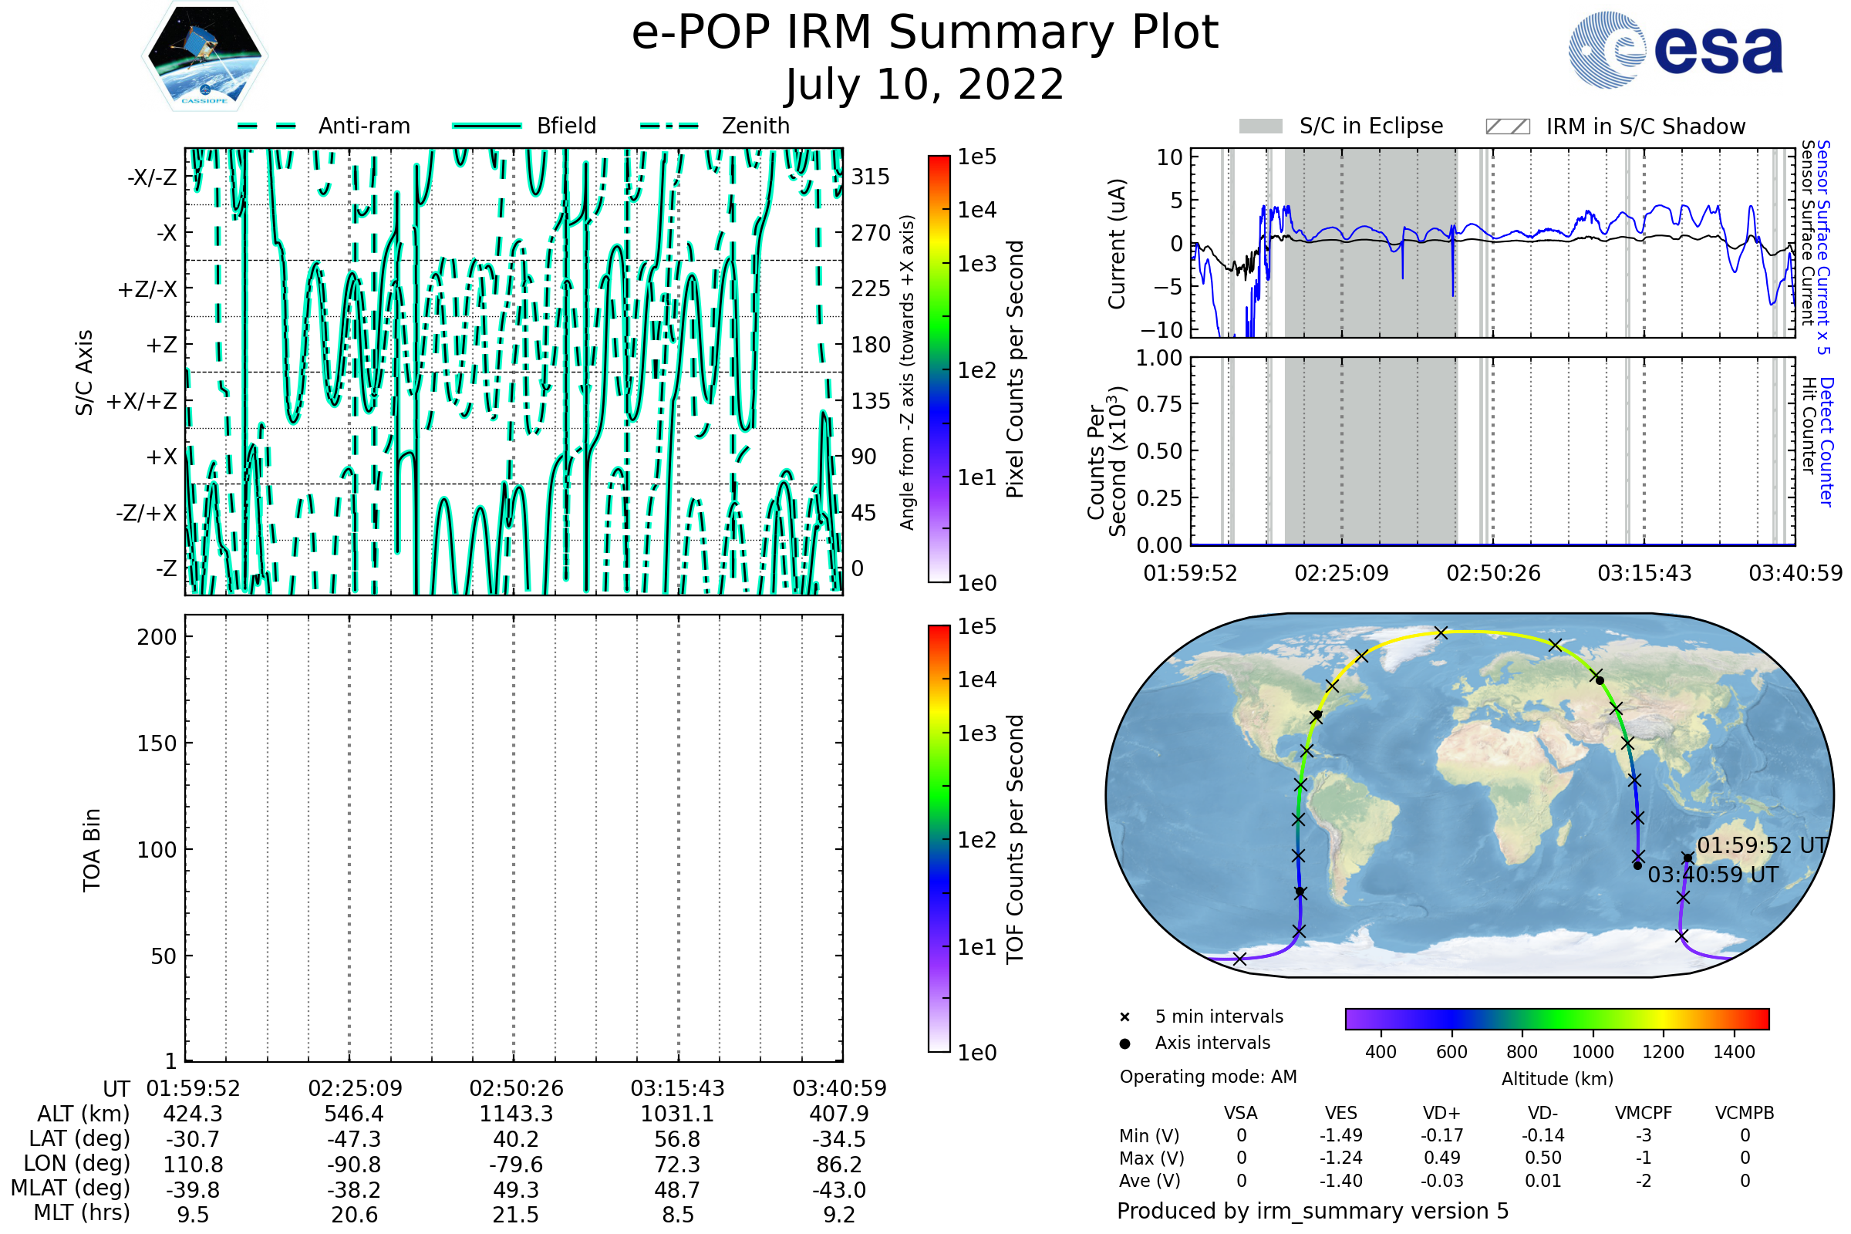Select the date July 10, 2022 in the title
tap(925, 85)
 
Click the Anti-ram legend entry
tap(363, 126)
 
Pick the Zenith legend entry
tap(756, 126)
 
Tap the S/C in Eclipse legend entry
tap(1371, 126)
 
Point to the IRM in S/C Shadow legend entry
tap(1645, 126)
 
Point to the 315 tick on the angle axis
tap(871, 177)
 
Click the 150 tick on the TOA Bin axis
tap(157, 743)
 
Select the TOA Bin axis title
tap(91, 850)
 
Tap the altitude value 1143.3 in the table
tap(515, 1114)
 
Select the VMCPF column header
tap(1644, 1114)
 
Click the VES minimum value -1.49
tap(1341, 1135)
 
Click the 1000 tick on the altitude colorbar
tap(1593, 1052)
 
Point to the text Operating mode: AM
tap(1208, 1077)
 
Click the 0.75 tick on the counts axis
tap(1159, 404)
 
